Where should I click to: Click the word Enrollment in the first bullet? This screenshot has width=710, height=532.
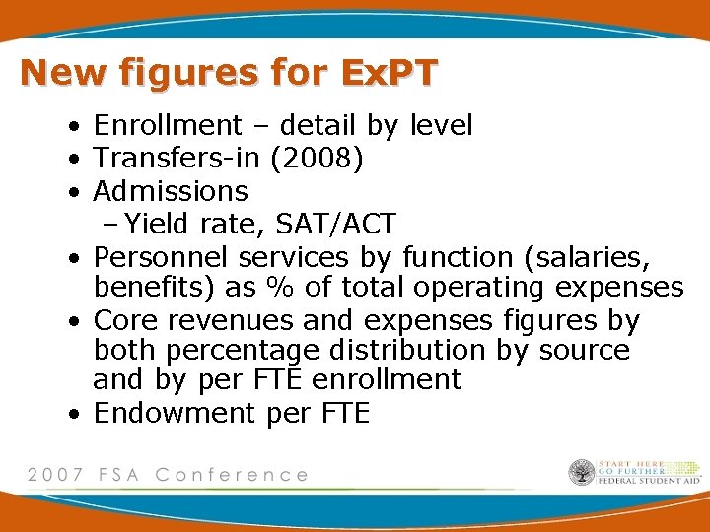[x=168, y=126]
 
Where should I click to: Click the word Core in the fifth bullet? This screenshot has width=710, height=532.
[x=124, y=321]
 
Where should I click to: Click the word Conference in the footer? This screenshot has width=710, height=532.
[x=232, y=475]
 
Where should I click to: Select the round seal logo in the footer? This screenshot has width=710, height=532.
[x=582, y=473]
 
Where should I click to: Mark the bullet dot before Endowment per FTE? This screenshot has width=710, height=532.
[x=75, y=414]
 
